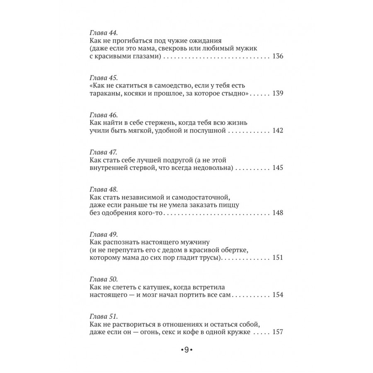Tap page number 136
pos(278,57)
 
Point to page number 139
pos(278,94)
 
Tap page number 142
pos(278,131)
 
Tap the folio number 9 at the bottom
pos(186,350)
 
